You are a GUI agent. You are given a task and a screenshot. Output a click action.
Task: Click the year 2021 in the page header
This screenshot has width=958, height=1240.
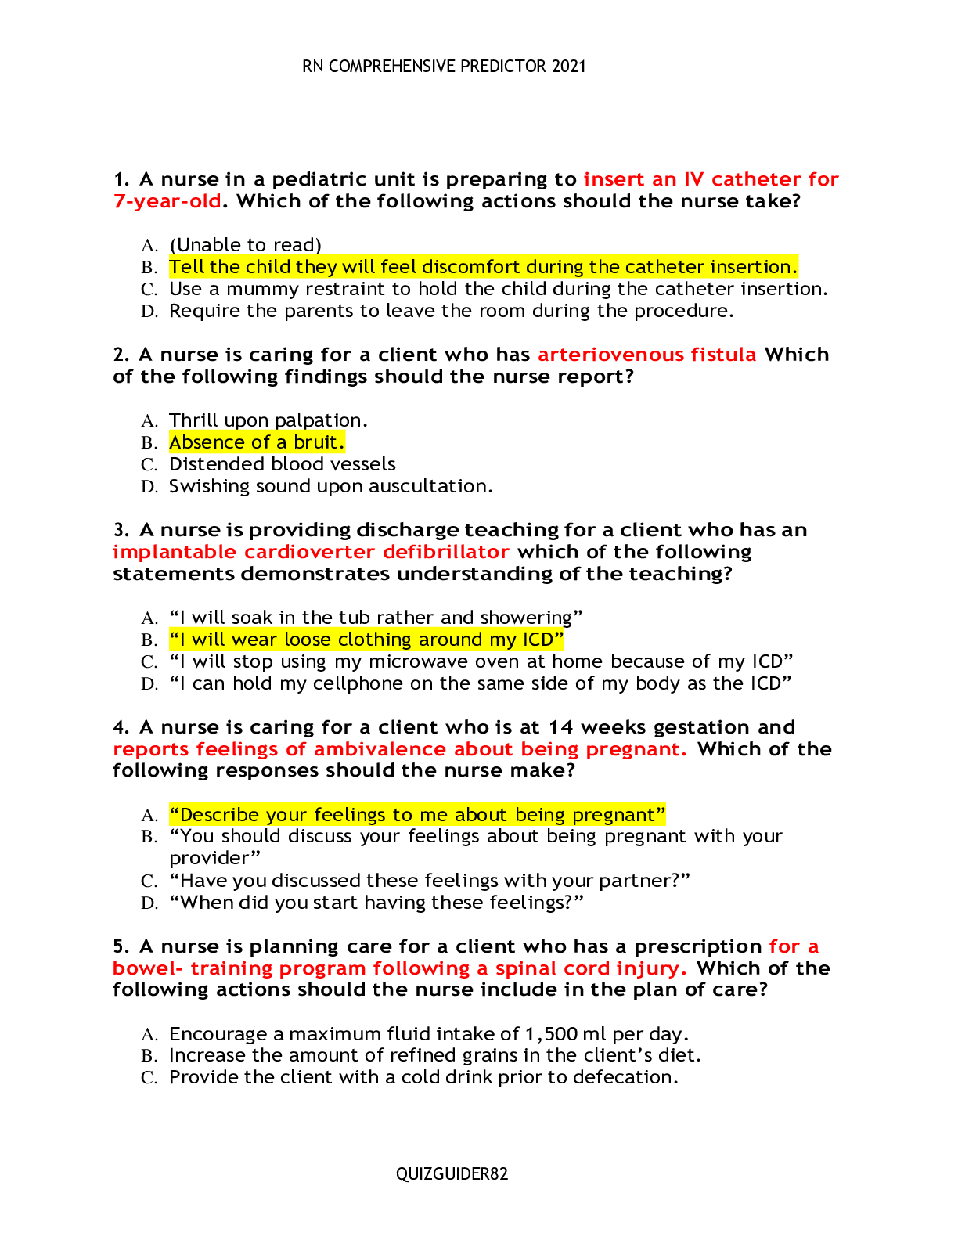pos(568,67)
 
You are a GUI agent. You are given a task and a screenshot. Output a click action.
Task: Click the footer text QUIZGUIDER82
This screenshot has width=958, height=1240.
pos(452,1173)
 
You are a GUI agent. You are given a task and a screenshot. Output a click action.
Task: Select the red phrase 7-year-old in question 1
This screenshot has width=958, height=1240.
pos(167,201)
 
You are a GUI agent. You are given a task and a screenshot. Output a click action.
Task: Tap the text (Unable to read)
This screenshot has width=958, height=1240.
pos(245,245)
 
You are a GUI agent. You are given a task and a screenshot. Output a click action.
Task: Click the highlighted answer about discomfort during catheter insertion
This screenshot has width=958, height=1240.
pos(483,267)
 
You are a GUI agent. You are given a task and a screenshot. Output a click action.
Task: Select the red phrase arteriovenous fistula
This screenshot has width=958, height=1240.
pos(646,355)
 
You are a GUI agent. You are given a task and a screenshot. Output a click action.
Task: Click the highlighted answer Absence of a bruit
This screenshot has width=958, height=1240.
pos(257,442)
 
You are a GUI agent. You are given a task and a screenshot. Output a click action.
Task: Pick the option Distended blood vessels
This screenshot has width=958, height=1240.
pos(283,464)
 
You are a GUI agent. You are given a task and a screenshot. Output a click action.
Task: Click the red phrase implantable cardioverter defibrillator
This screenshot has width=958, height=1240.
pos(311,552)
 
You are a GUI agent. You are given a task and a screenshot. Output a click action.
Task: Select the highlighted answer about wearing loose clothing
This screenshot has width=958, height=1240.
pos(366,640)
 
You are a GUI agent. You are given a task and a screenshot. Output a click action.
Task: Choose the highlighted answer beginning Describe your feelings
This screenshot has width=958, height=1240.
pos(417,815)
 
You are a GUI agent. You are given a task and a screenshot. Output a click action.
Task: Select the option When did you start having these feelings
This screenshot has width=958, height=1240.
pos(376,903)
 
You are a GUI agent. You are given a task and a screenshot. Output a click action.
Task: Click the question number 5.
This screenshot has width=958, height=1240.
pos(120,946)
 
